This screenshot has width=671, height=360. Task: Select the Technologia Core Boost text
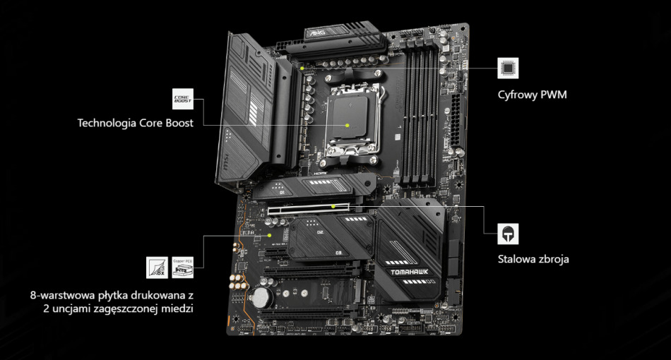click(x=135, y=123)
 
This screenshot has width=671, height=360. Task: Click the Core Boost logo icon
click(x=182, y=99)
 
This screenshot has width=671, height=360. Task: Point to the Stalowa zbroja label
click(x=533, y=259)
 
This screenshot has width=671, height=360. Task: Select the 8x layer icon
click(x=157, y=268)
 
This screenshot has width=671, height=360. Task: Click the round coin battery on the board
click(x=263, y=295)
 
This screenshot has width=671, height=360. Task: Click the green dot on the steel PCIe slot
click(x=333, y=207)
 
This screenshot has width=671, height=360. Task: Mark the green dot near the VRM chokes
click(x=302, y=68)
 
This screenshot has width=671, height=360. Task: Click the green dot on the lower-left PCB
click(x=270, y=235)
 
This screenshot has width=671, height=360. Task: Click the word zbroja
click(x=552, y=259)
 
